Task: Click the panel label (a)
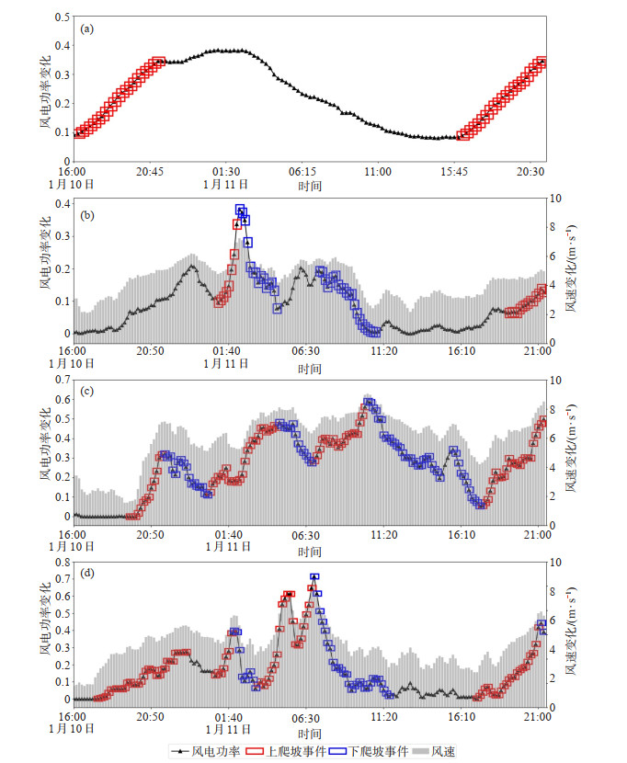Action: (x=87, y=28)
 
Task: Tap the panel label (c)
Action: (x=87, y=393)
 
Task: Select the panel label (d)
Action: (x=87, y=575)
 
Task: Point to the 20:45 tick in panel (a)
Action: (x=149, y=171)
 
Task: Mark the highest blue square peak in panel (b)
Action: (x=240, y=210)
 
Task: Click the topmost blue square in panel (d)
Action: (x=314, y=577)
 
